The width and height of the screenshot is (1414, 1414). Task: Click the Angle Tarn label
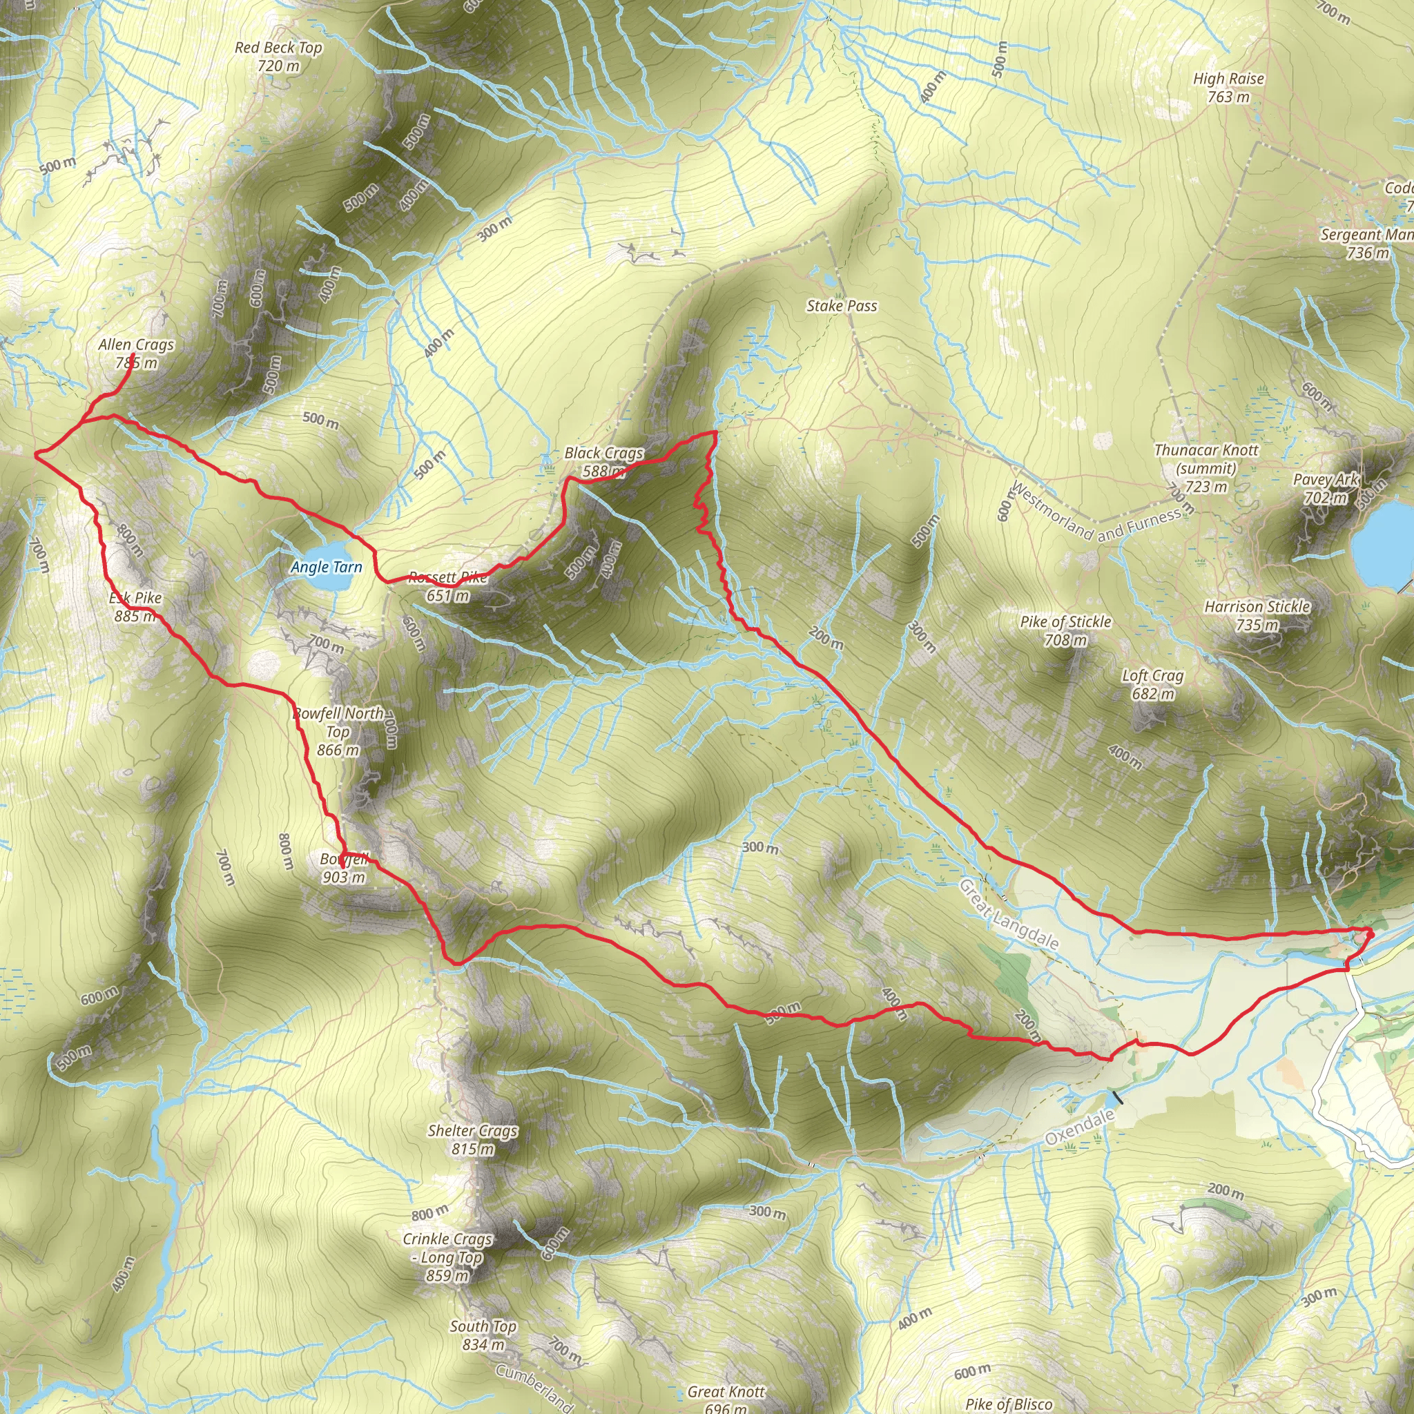[x=327, y=568]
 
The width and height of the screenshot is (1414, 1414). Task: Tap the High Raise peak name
[x=1228, y=78]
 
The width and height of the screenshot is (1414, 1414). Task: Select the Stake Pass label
[x=841, y=306]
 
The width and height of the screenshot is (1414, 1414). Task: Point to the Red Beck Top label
[x=278, y=48]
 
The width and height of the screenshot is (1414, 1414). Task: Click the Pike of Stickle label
[x=1065, y=622]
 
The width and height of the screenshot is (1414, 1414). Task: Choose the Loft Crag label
[x=1152, y=675]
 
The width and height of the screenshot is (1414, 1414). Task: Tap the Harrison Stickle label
[x=1257, y=607]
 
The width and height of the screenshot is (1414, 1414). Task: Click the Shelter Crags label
[x=473, y=1131]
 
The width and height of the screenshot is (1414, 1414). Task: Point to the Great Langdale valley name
[x=1009, y=915]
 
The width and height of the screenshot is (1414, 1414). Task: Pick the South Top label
[x=483, y=1326]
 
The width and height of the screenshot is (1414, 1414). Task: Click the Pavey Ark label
[x=1326, y=479]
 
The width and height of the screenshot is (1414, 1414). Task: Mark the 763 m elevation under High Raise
[x=1228, y=97]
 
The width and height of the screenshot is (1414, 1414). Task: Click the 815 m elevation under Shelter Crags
[x=473, y=1149]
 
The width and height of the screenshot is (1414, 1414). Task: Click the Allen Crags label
[x=136, y=344]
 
